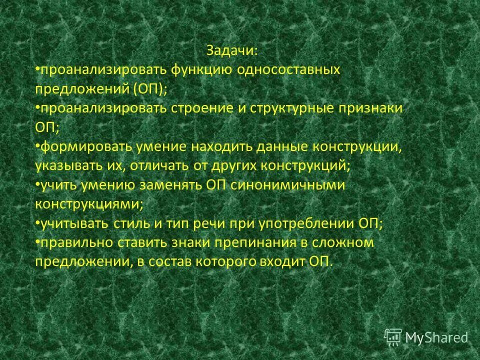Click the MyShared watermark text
436,337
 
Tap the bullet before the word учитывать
37,221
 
